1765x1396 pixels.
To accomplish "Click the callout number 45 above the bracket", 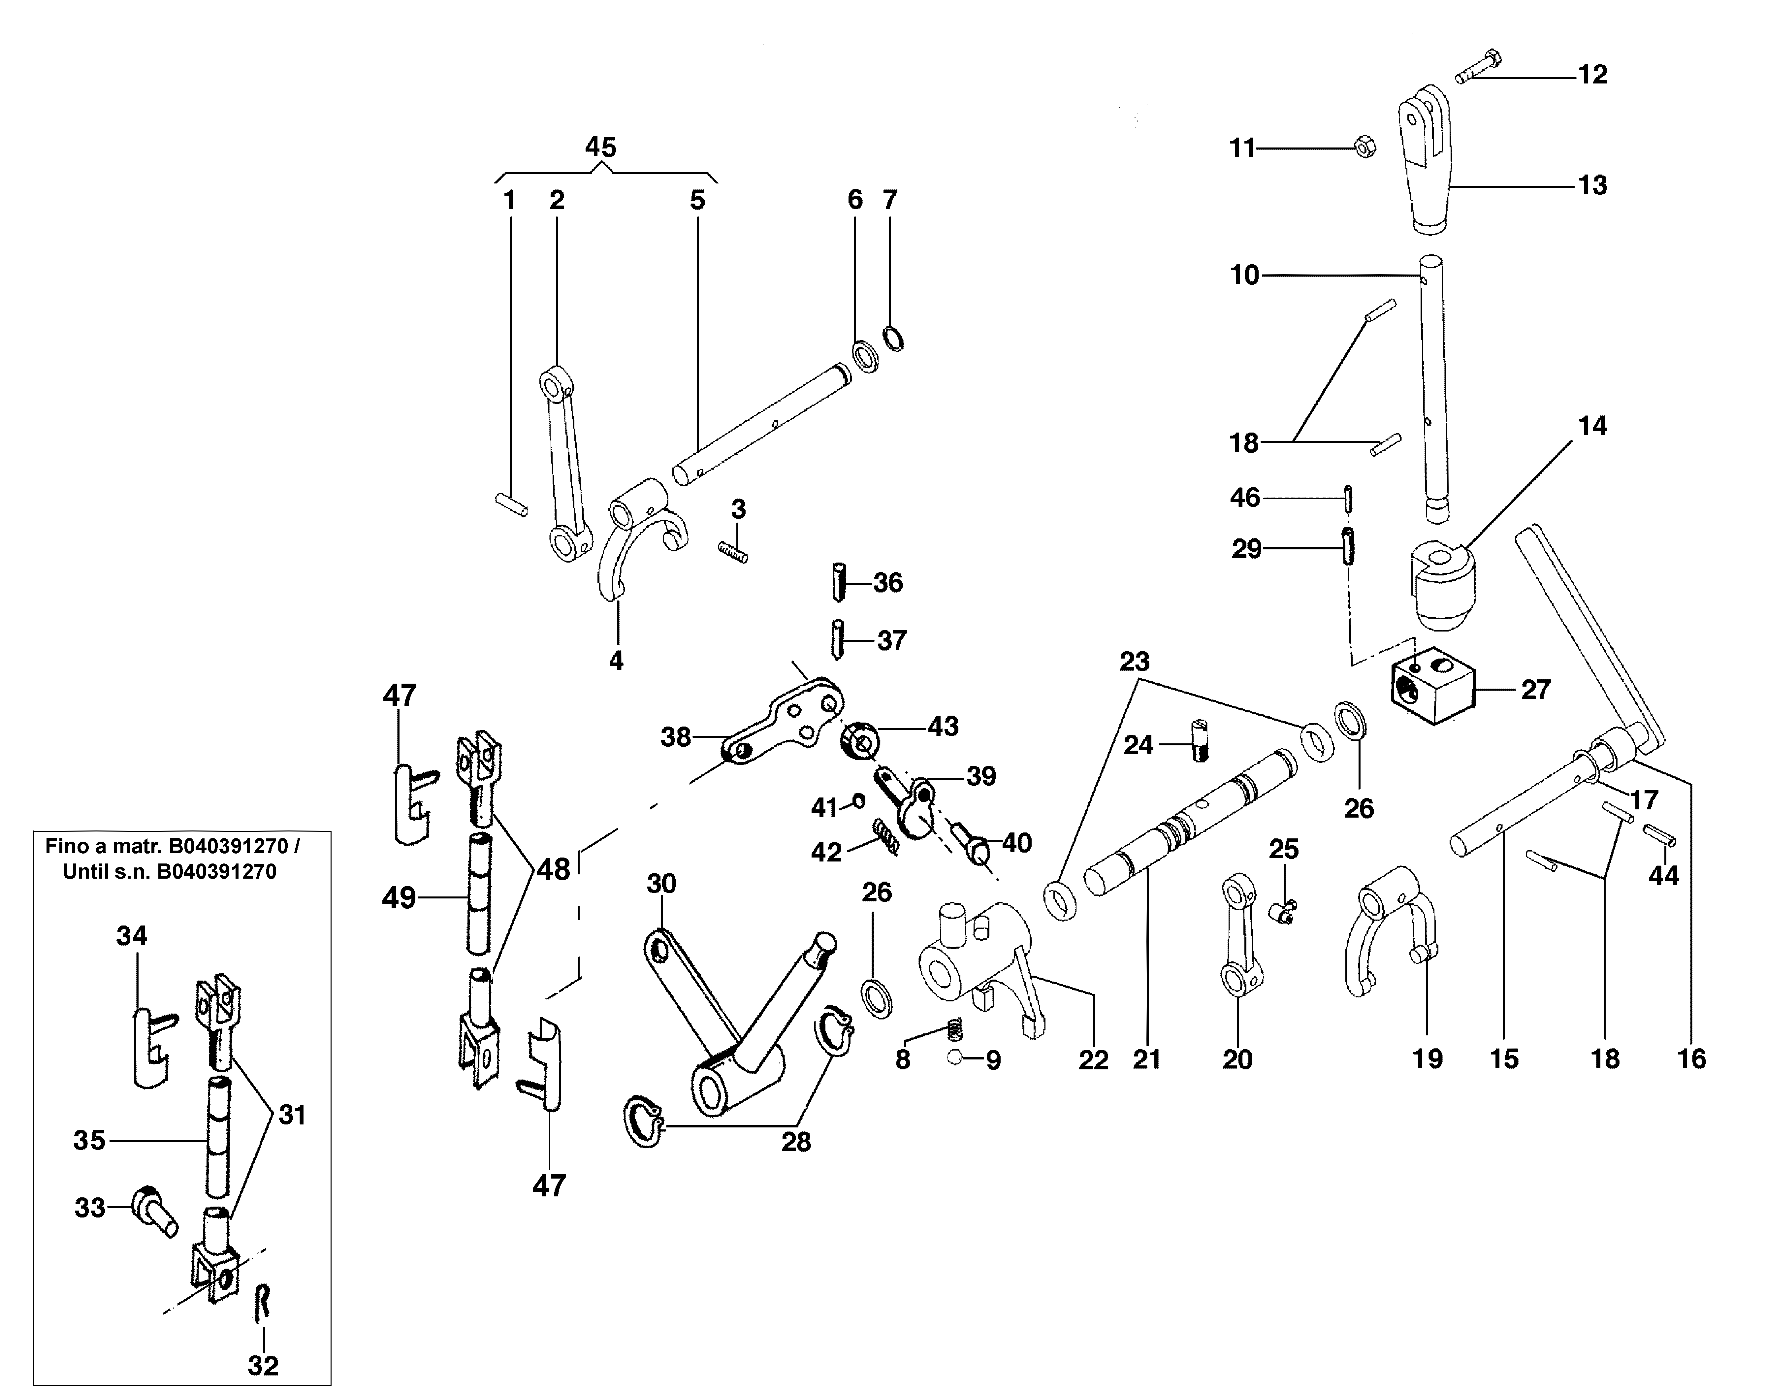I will pos(600,148).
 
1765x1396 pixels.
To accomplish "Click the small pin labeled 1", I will pos(512,504).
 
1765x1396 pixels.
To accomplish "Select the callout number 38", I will pos(676,737).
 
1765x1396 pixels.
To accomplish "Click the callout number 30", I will pos(662,884).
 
